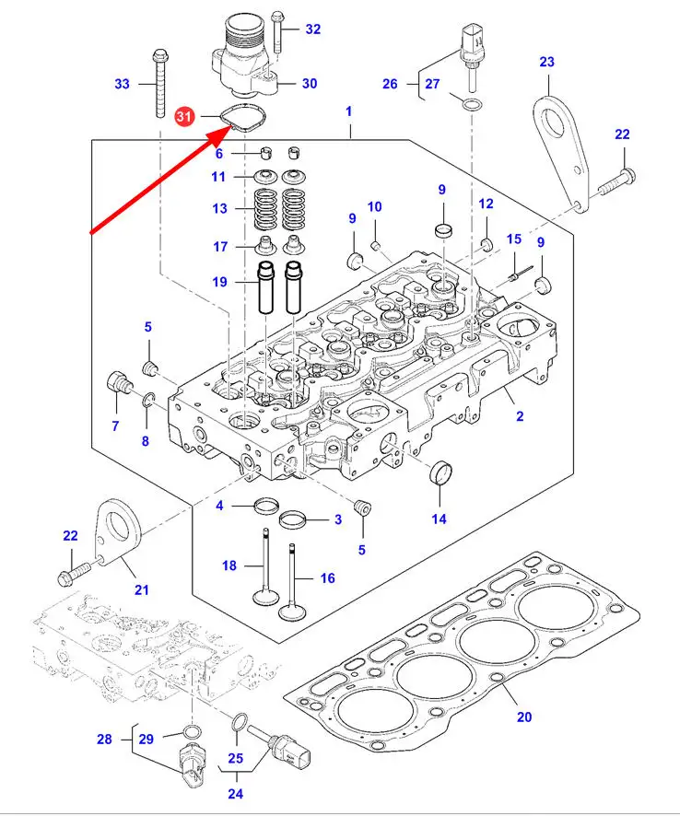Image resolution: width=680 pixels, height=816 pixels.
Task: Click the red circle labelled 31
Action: (x=185, y=117)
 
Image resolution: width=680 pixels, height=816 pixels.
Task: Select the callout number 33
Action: (x=123, y=84)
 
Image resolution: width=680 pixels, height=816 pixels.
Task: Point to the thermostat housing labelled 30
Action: (x=240, y=59)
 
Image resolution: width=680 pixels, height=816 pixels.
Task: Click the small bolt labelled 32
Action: (x=281, y=29)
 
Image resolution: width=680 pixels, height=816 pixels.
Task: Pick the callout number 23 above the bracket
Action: (x=546, y=62)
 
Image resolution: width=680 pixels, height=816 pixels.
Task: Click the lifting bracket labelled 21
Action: (x=117, y=533)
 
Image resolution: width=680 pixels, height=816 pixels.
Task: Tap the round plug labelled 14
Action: (x=442, y=474)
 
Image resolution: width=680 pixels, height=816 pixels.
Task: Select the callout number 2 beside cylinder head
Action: (x=520, y=416)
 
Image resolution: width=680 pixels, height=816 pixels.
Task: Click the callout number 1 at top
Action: (x=349, y=111)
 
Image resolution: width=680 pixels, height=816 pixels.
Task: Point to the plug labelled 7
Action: (x=117, y=382)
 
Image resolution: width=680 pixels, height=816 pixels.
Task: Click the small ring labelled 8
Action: (x=148, y=399)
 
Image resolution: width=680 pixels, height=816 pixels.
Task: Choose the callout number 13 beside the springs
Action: (x=219, y=209)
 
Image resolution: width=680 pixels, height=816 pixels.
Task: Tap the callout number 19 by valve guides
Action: (x=219, y=282)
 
